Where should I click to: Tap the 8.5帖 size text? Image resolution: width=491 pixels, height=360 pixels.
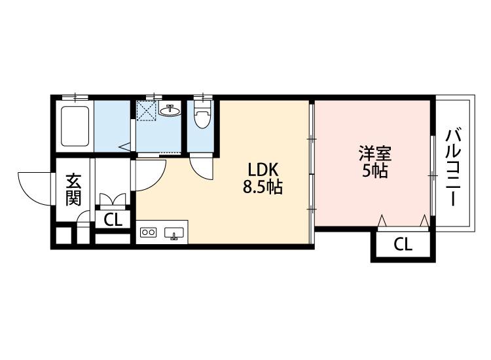[263, 188]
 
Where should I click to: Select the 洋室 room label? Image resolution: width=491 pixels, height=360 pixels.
[374, 154]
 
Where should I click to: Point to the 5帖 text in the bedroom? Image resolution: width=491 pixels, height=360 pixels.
[374, 171]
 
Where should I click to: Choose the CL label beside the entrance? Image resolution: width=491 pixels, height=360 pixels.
[113, 220]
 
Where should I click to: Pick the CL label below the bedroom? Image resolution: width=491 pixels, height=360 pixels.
[403, 245]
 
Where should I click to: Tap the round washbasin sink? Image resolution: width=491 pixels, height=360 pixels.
[171, 110]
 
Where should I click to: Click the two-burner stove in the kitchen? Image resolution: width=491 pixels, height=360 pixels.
[149, 232]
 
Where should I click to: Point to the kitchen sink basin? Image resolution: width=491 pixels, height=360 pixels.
[175, 233]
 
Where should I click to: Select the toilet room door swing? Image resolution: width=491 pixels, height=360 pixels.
[202, 168]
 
